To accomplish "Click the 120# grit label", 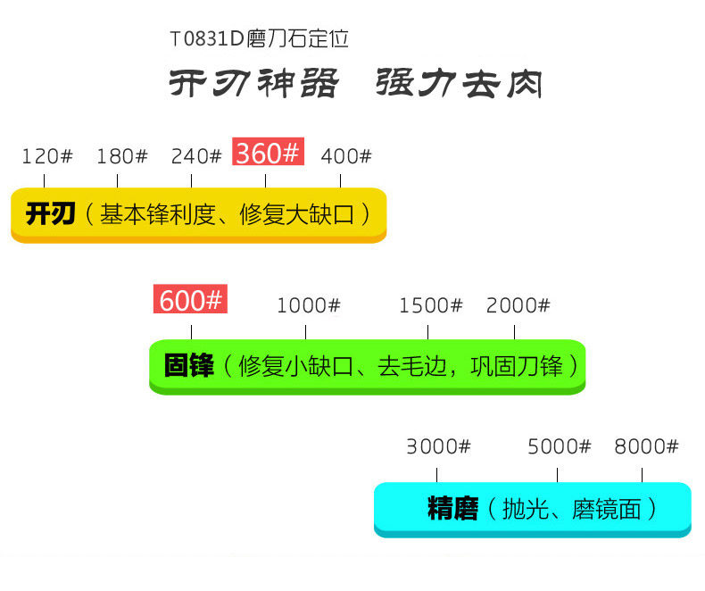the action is click(46, 156).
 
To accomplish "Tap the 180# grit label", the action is click(121, 156).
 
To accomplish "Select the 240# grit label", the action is click(195, 156).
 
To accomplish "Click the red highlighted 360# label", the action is click(268, 153).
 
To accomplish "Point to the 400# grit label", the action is click(345, 156).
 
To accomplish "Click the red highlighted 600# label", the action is click(190, 300).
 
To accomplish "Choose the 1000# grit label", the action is click(308, 305).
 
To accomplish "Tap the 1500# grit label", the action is click(430, 305).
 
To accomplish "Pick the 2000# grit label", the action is click(518, 305).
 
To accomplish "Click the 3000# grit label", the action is click(437, 446).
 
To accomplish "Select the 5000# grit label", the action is click(559, 446).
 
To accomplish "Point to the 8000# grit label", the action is click(646, 446).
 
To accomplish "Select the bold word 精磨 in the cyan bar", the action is click(452, 509).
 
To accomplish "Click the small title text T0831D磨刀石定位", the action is click(258, 40).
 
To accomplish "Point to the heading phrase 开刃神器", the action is click(254, 84).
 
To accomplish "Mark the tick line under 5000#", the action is click(558, 474).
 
